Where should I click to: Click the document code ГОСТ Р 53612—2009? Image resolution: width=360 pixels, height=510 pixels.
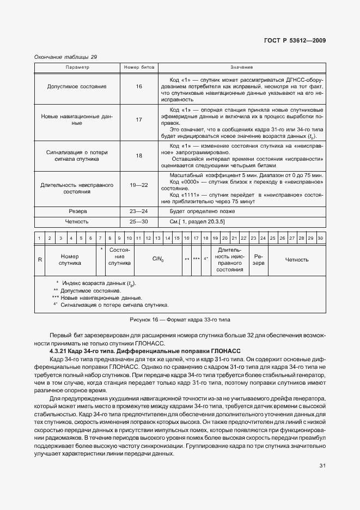[x=295, y=40]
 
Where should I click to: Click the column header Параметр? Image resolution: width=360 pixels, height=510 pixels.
[x=77, y=67]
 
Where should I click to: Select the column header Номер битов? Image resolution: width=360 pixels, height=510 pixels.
[x=139, y=67]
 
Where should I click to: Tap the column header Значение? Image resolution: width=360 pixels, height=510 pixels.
[x=241, y=67]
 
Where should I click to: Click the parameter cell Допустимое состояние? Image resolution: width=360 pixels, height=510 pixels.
[x=77, y=87]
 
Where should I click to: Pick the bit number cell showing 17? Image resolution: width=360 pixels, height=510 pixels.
[x=139, y=119]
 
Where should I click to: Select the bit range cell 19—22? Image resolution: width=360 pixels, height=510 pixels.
[x=139, y=185]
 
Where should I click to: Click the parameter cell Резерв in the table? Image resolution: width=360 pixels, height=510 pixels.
[x=77, y=210]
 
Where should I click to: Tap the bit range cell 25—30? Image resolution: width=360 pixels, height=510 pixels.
[x=139, y=222]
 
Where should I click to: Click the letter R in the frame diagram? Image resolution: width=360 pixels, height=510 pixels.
[x=40, y=260]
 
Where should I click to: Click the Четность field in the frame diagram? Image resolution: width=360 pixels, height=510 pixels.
[x=297, y=260]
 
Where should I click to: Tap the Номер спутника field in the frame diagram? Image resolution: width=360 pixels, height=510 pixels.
[x=70, y=260]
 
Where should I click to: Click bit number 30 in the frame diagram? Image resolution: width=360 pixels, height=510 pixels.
[x=320, y=238]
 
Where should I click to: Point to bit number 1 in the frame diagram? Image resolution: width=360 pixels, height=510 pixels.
[x=39, y=238]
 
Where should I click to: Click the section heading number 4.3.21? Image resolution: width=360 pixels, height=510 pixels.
[x=60, y=352]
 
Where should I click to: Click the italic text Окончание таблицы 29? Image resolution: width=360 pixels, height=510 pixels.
[x=65, y=57]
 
